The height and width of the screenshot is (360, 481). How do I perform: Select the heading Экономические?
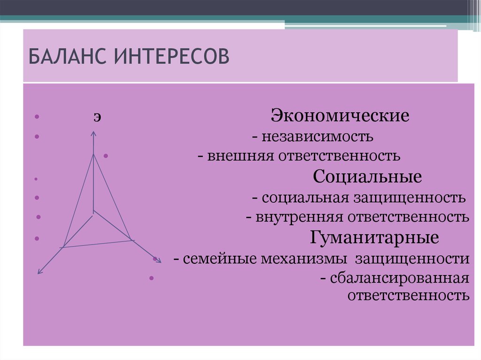pos(340,116)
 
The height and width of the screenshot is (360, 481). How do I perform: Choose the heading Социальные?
pos(367,177)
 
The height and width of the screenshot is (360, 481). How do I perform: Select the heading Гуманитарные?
pos(374,237)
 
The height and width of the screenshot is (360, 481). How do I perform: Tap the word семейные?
pos(211,259)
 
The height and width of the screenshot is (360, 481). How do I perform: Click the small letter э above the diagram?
pos(95,117)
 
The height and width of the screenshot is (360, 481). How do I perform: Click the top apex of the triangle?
pos(93,154)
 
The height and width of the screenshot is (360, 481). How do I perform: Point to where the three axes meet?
pos(93,212)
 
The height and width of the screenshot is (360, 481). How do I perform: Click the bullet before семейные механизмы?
pos(155,259)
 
